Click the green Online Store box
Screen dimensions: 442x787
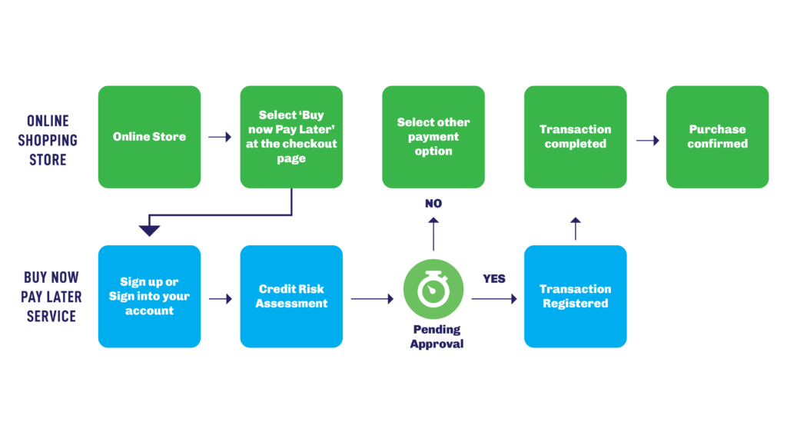(149, 137)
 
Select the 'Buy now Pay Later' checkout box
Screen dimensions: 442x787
(291, 137)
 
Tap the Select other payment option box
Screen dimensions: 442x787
(433, 137)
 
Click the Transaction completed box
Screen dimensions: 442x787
(575, 137)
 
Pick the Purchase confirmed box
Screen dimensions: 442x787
(717, 137)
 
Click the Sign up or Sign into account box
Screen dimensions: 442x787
(149, 297)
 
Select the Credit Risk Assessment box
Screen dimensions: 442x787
(291, 297)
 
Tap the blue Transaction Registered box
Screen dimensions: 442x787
(575, 297)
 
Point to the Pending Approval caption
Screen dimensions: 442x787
(436, 337)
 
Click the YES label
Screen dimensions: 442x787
(494, 278)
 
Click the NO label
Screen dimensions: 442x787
(433, 204)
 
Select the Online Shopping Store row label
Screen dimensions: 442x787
(48, 141)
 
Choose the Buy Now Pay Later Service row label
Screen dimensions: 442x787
(51, 297)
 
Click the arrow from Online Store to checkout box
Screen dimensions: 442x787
(220, 138)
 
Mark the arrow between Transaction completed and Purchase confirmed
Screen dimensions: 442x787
(647, 141)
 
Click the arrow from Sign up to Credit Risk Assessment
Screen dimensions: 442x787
(220, 299)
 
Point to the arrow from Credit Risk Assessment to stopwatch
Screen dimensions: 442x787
(372, 299)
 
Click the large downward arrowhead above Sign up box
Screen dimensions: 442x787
(149, 230)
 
